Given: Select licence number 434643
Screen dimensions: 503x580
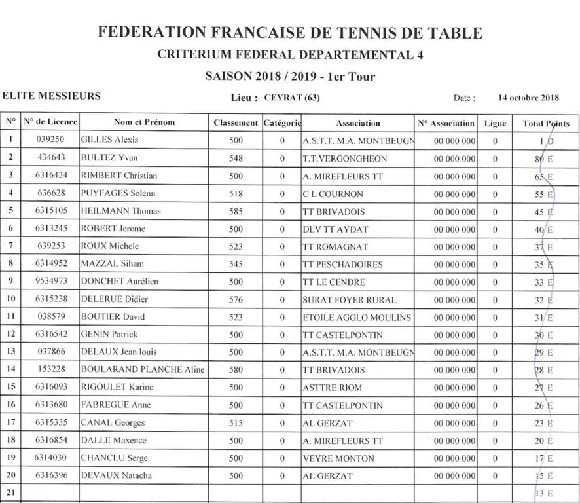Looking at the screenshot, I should pos(50,158).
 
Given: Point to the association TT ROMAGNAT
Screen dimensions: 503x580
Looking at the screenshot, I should pos(335,247).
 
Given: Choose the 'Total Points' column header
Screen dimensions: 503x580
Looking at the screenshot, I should pos(545,123).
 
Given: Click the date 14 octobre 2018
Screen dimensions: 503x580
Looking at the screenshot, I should pos(528,98).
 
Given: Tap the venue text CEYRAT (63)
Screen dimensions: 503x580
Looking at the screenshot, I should pos(292,98).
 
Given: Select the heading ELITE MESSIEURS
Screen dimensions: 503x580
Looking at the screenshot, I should pos(51,96).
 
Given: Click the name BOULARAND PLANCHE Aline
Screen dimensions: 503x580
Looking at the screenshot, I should pos(143,370).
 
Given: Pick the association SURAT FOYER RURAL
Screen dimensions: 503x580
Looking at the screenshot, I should pos(350,300).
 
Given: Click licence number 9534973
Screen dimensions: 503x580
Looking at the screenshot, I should pos(50,282).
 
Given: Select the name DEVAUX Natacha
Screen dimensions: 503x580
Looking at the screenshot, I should pos(116,476).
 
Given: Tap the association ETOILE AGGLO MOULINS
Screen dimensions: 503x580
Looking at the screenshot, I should pos(357,318).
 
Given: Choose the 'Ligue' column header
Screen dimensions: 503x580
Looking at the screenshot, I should pos(495,123).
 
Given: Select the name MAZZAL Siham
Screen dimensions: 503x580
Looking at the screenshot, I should pos(112,265).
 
